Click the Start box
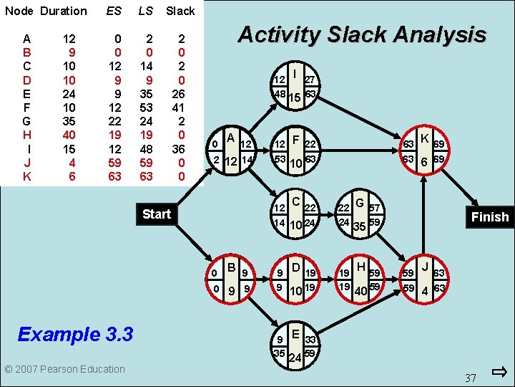tap(156, 214)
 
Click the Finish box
tap(489, 216)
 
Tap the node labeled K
tap(424, 150)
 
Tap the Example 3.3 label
tap(75, 334)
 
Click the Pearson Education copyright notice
tap(64, 369)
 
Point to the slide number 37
tap(470, 378)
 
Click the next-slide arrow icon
tap(500, 372)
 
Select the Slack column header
tap(180, 11)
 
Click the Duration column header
tap(64, 11)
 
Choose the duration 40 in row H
tap(69, 135)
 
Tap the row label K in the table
tap(26, 176)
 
